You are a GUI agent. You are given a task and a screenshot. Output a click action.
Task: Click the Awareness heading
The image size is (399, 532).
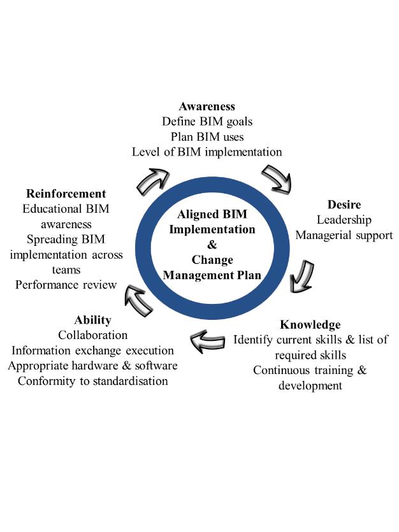(207, 106)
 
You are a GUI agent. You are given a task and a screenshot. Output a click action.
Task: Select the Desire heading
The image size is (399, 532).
(344, 205)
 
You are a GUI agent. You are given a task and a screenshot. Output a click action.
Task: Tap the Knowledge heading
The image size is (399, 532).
(310, 324)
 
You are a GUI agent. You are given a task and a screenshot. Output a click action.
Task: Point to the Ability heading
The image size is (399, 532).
(92, 320)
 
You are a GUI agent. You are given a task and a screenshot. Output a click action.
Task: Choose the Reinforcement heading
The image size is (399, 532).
(66, 193)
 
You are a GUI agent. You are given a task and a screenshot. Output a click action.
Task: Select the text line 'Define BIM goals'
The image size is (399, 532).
(207, 121)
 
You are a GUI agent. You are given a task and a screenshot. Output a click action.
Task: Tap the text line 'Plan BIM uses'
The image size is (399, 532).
(207, 136)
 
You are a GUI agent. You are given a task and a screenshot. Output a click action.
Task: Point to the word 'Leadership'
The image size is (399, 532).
(344, 220)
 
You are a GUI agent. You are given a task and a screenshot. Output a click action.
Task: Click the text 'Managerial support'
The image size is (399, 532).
(344, 235)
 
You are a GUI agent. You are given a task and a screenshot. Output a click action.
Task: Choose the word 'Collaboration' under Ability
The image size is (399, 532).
(93, 335)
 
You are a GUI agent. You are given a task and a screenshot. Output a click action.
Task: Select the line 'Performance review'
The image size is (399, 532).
(66, 285)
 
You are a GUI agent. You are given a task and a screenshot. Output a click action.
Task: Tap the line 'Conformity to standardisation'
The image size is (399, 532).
(93, 381)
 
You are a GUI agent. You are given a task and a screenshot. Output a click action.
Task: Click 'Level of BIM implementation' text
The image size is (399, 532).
(207, 152)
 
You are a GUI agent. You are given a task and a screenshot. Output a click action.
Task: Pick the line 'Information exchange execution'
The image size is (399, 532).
(93, 350)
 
